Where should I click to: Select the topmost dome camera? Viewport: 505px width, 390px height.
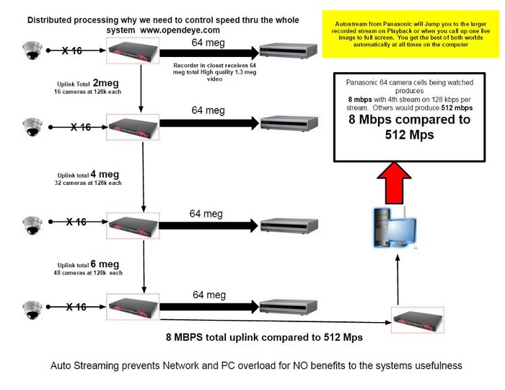point(32,51)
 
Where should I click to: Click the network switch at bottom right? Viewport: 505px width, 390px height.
point(417,318)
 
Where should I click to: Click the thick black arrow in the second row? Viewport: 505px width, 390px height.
point(208,123)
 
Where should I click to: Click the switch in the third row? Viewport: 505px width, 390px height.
point(133,223)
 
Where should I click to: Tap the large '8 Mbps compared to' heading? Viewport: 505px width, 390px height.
point(410,120)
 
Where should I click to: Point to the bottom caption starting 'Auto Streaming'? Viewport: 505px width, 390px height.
point(256,365)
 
